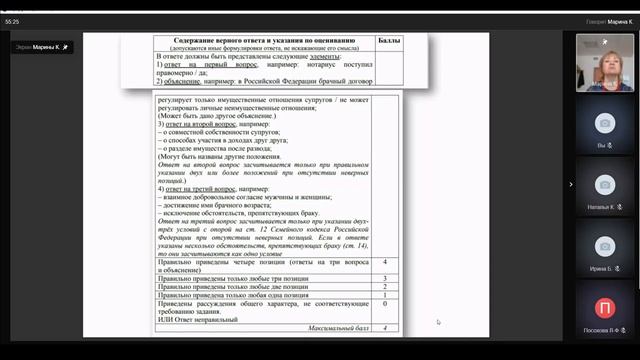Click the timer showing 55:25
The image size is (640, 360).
point(13,20)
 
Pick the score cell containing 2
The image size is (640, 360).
point(385,285)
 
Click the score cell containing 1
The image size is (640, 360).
point(385,295)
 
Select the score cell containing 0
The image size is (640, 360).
point(385,305)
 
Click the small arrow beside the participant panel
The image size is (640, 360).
point(571,184)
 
